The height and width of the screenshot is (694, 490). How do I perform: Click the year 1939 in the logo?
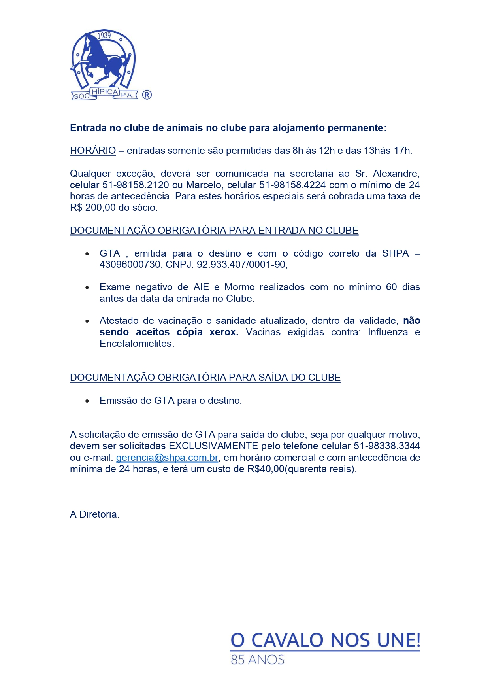(104, 36)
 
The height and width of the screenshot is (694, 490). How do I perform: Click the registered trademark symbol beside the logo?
(147, 95)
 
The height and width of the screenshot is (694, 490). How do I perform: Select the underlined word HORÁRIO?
(93, 151)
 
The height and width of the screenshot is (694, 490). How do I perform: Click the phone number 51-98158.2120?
(136, 185)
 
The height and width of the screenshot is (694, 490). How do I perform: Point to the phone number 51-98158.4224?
(292, 185)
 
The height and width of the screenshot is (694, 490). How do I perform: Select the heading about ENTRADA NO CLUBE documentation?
(214, 231)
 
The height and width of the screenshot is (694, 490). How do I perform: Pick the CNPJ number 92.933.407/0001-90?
(242, 265)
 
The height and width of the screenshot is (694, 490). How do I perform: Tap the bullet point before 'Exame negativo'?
(87, 288)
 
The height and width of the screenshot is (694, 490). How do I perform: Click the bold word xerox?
(224, 332)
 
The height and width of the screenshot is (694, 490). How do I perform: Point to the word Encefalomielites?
(137, 344)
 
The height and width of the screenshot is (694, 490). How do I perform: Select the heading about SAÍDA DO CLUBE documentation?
(205, 378)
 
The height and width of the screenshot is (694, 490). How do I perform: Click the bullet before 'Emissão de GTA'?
(87, 401)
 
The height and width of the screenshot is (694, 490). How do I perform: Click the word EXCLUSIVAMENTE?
(213, 446)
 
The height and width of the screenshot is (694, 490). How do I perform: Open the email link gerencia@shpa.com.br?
(167, 458)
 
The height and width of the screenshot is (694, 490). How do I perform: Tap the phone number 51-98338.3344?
(386, 446)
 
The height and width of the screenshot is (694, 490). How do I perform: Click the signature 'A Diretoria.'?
(94, 514)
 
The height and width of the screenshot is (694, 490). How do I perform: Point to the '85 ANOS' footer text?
(258, 660)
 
